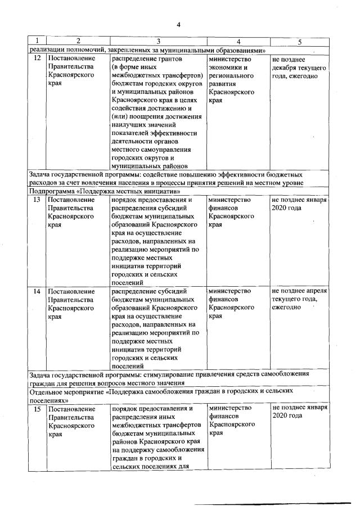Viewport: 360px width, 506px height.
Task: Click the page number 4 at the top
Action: (x=178, y=24)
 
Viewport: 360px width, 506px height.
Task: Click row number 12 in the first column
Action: (x=37, y=58)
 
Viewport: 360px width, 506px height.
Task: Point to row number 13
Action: (x=37, y=200)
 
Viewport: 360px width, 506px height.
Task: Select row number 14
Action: (x=37, y=291)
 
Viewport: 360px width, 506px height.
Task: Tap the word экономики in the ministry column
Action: (x=224, y=67)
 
